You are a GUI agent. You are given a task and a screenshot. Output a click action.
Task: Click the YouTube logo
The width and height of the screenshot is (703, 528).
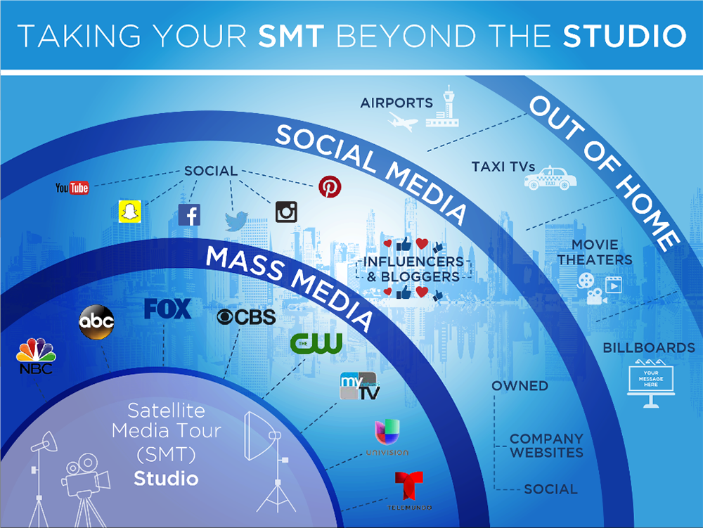[72, 188]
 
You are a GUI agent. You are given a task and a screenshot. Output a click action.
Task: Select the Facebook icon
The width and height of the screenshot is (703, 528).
[189, 214]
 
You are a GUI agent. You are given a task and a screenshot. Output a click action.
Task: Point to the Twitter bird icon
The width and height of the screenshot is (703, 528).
[238, 221]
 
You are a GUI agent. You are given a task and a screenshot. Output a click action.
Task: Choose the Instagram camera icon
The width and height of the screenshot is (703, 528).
[287, 212]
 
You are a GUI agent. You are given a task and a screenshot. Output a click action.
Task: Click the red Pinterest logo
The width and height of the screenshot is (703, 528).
[329, 186]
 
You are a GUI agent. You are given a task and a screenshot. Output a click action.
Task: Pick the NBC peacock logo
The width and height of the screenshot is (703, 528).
[35, 355]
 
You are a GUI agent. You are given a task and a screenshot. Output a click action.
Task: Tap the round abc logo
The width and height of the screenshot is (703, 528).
[96, 323]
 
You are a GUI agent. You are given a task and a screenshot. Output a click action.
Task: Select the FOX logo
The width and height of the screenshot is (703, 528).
[167, 309]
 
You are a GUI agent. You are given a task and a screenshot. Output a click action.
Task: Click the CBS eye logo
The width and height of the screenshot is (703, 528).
[246, 317]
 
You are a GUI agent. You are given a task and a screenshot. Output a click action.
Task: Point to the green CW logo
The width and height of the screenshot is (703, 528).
[316, 343]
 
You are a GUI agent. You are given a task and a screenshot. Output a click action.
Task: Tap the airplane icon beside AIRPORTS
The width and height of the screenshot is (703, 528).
[403, 122]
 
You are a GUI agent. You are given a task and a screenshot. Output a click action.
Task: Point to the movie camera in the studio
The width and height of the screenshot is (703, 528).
[85, 478]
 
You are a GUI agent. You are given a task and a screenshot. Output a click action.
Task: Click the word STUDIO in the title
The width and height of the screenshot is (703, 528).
[624, 37]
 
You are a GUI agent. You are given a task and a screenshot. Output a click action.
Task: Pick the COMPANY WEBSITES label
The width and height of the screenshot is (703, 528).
[546, 446]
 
